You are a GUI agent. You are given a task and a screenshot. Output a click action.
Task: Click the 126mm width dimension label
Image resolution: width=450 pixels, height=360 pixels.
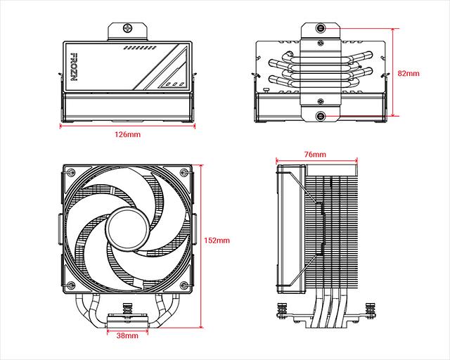(x=127, y=134)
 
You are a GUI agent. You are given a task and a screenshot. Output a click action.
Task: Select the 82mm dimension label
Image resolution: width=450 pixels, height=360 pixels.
(x=408, y=72)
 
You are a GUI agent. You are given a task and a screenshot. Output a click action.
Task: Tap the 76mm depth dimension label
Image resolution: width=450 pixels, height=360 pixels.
(x=314, y=153)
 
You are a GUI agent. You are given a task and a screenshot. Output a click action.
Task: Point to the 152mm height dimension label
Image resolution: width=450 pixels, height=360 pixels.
(x=218, y=240)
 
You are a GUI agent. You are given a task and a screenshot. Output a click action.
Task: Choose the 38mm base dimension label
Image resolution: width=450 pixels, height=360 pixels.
(x=127, y=336)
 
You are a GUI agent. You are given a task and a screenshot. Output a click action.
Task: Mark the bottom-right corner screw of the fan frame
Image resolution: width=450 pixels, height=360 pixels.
(x=185, y=286)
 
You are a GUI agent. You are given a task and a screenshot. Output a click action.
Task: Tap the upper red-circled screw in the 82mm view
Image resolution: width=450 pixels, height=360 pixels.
(x=321, y=29)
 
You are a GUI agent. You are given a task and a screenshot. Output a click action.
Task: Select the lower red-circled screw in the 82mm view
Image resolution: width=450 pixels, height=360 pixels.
(x=321, y=117)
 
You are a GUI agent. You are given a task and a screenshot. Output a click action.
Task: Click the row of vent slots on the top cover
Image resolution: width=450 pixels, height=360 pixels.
(x=139, y=50)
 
